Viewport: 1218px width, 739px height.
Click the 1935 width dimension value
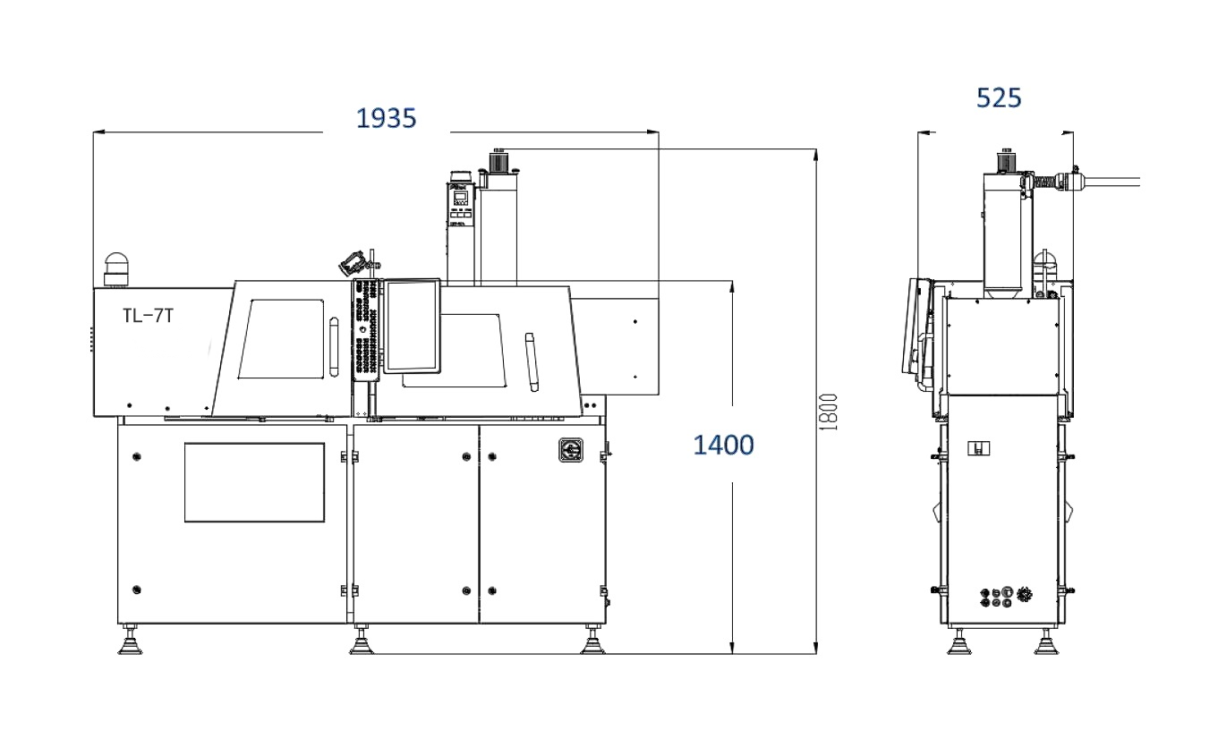pyautogui.click(x=386, y=118)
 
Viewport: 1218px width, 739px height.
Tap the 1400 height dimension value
pyautogui.click(x=723, y=445)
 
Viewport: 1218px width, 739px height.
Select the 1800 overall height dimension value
pyautogui.click(x=829, y=412)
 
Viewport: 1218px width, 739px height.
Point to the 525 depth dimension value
pyautogui.click(x=999, y=98)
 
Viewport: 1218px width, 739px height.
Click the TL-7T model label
pyautogui.click(x=148, y=316)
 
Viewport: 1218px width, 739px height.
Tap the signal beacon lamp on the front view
pyautogui.click(x=115, y=269)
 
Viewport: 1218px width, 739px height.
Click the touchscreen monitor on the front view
pyautogui.click(x=412, y=327)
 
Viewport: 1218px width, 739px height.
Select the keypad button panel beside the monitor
pyautogui.click(x=365, y=329)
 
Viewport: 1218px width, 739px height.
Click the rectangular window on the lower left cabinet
pyautogui.click(x=254, y=482)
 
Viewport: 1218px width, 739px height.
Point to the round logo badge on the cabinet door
pyautogui.click(x=571, y=450)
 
